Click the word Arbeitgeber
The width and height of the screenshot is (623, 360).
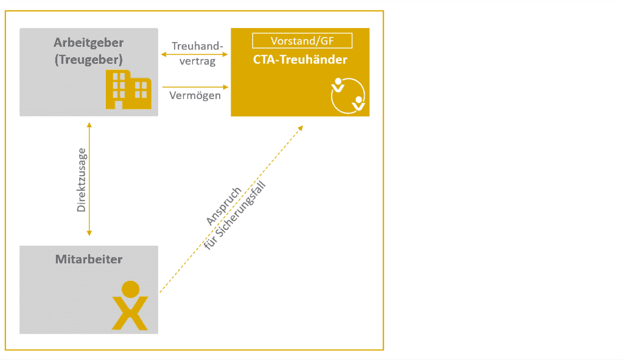88,43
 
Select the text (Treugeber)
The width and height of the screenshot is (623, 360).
88,60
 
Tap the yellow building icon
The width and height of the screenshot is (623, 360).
128,89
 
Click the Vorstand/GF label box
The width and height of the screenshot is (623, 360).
302,41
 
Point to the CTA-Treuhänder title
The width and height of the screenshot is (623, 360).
300,60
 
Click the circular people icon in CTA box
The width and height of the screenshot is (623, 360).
347,95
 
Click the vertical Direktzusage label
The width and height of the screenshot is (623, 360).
81,179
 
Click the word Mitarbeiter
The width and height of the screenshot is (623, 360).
89,259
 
